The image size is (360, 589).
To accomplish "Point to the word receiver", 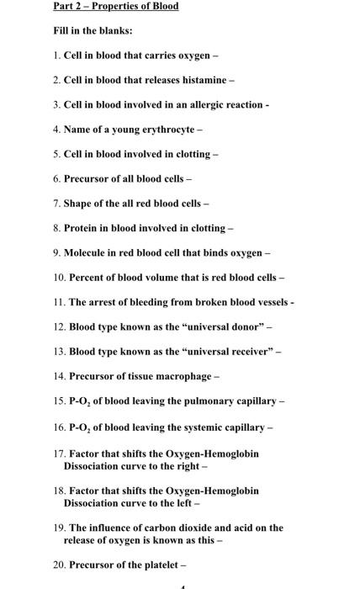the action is pos(246,349).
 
